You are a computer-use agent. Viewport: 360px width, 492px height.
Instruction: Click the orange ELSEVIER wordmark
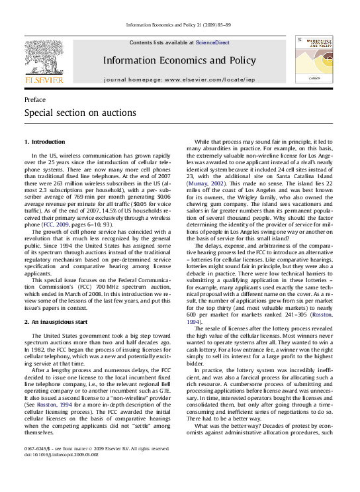(x=44, y=80)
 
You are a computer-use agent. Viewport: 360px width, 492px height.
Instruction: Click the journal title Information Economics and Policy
(x=179, y=60)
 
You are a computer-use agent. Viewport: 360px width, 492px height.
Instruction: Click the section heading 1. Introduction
(x=44, y=142)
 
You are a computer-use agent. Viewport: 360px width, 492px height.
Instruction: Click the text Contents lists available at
(x=161, y=42)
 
